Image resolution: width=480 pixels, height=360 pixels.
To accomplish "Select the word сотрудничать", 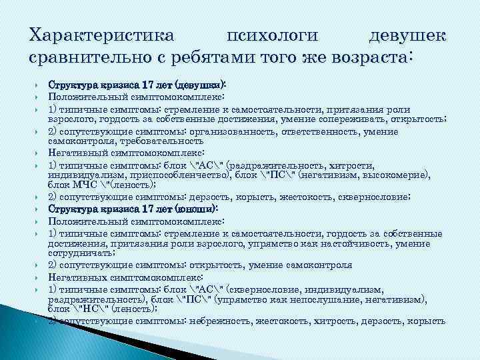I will [x=77, y=252].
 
